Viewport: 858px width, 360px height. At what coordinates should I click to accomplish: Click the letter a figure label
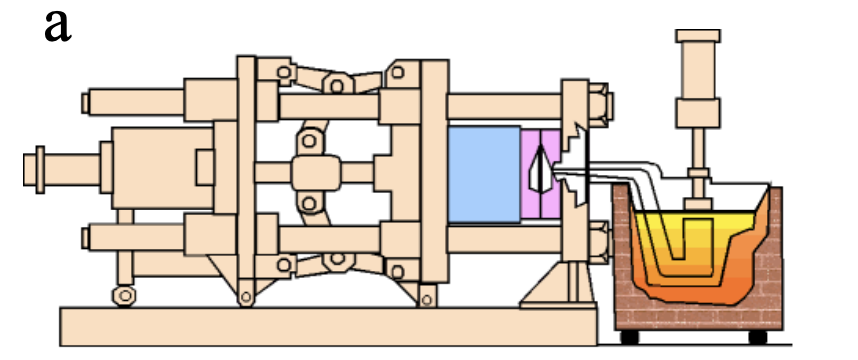tap(59, 26)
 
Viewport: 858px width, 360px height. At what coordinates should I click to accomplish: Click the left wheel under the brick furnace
tap(633, 335)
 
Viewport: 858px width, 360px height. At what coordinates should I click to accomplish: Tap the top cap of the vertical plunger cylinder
tap(699, 37)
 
